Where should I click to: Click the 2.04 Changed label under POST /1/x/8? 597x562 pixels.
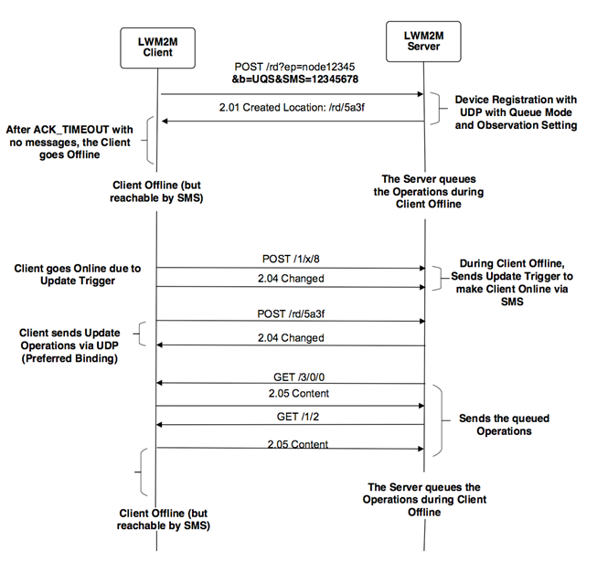(291, 278)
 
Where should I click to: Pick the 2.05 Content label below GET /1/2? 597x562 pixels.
(291, 445)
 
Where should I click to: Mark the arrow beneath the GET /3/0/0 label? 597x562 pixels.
(291, 385)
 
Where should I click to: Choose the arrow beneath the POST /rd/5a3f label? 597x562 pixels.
(291, 322)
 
